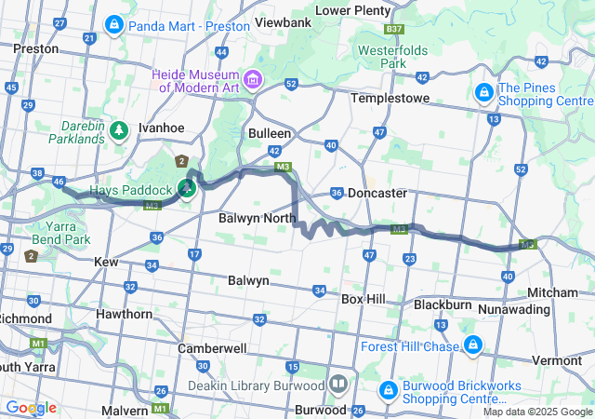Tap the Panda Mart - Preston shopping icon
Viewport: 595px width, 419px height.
point(115,22)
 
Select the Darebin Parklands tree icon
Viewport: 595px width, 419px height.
point(119,128)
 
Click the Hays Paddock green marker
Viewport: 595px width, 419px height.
point(187,189)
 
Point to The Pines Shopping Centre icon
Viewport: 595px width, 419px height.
point(484,92)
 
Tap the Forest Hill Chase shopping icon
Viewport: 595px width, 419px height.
point(473,345)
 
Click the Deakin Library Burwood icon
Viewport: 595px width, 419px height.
point(338,383)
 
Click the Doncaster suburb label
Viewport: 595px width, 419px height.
point(377,193)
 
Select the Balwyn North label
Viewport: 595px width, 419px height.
point(257,219)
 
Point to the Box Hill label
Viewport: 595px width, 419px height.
point(364,300)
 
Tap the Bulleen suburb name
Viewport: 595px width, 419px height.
point(270,133)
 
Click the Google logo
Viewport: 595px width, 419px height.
point(32,408)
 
